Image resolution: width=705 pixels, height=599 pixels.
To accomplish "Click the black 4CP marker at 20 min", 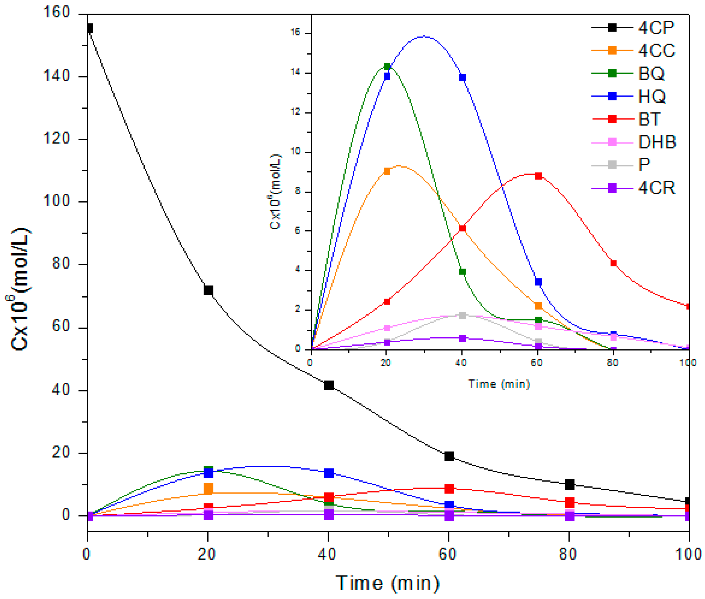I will tap(208, 290).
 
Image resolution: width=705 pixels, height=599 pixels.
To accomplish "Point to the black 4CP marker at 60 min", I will tap(449, 456).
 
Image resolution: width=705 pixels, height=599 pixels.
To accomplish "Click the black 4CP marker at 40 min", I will tap(328, 385).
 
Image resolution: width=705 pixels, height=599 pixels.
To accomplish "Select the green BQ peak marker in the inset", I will tap(387, 66).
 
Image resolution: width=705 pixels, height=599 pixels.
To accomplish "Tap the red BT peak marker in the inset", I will tap(538, 176).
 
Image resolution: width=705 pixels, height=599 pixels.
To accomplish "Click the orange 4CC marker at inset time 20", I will tap(387, 171).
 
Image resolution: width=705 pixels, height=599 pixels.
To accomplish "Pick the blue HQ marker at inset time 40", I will tap(462, 77).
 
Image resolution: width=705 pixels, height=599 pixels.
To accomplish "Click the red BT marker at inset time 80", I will tap(613, 263).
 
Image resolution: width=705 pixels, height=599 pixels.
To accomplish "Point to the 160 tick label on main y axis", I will tap(57, 12).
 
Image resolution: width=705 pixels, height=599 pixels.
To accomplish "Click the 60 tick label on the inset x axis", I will tap(537, 363).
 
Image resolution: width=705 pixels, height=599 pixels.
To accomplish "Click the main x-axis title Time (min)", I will tap(387, 583).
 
